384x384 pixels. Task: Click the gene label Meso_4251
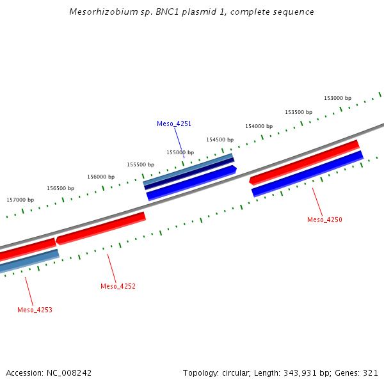click(174, 124)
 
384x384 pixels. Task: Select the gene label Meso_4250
click(324, 220)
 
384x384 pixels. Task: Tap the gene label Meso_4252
click(118, 286)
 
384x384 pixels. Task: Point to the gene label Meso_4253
click(35, 310)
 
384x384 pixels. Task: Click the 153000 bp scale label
click(337, 98)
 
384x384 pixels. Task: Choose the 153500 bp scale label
click(298, 112)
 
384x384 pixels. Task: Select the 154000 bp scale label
click(259, 126)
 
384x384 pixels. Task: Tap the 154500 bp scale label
click(220, 140)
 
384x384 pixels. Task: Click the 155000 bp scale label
click(180, 152)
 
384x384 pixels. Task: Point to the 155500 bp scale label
click(140, 164)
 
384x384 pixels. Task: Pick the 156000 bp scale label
click(100, 177)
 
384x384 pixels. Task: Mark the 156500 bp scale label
click(60, 188)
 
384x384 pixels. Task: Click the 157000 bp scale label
click(20, 200)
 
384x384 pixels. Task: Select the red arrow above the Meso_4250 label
click(305, 162)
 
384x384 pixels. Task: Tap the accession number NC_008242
click(69, 372)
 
